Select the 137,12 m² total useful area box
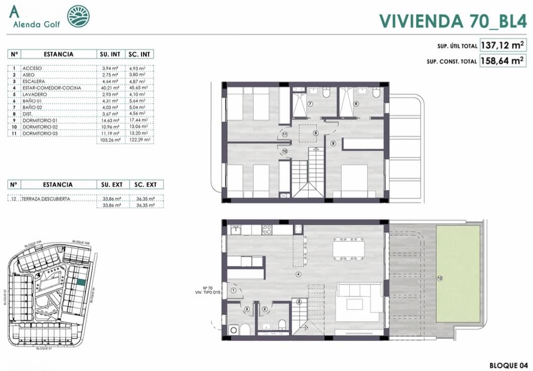(502, 46)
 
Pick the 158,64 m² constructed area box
(502, 61)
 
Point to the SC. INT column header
(139, 54)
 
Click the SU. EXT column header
(111, 184)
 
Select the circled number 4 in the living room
(298, 274)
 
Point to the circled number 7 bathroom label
(310, 104)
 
